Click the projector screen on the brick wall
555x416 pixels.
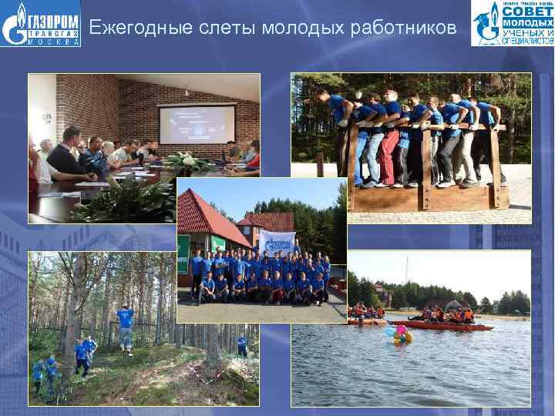(197, 125)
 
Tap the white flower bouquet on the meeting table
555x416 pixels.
(185, 161)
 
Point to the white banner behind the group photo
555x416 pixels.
(277, 242)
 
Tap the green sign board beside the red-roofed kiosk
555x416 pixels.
(184, 254)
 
